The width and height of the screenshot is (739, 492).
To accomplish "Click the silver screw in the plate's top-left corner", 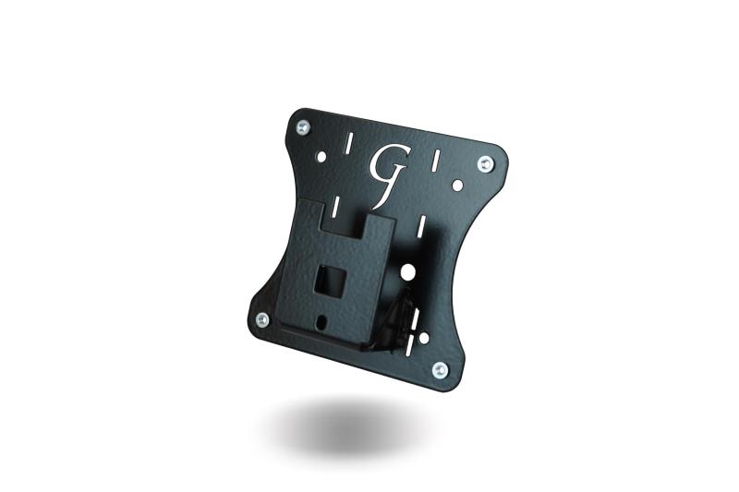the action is [304, 126].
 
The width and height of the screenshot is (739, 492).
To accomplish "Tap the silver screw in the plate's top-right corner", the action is [486, 164].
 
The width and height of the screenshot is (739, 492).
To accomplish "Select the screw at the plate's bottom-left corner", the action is [262, 320].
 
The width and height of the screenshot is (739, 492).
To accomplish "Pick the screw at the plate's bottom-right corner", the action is [440, 369].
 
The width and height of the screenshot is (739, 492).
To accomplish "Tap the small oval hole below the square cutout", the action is [322, 321].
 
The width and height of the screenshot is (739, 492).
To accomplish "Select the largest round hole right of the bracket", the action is [407, 271].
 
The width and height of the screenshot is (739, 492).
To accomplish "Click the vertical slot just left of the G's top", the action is [348, 144].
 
